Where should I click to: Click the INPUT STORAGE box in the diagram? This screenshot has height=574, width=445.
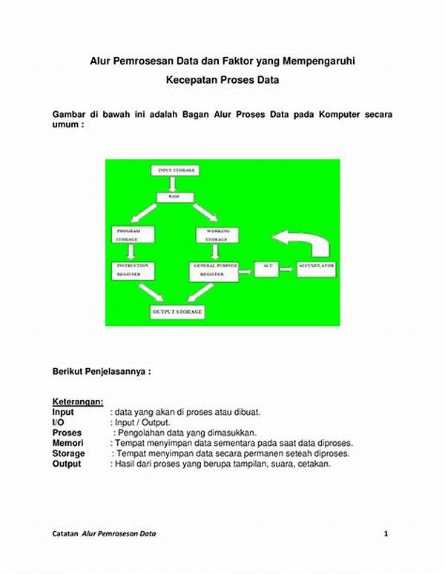[177, 170]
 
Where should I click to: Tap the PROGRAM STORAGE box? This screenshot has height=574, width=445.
[134, 235]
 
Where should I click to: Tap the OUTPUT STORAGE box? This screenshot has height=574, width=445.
[177, 313]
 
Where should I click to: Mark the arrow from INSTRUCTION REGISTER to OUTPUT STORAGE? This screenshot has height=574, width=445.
[150, 293]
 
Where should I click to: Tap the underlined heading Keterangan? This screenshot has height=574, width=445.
[77, 401]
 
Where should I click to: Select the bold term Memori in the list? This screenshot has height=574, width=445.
[67, 443]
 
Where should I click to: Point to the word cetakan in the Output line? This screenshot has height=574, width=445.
[313, 464]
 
